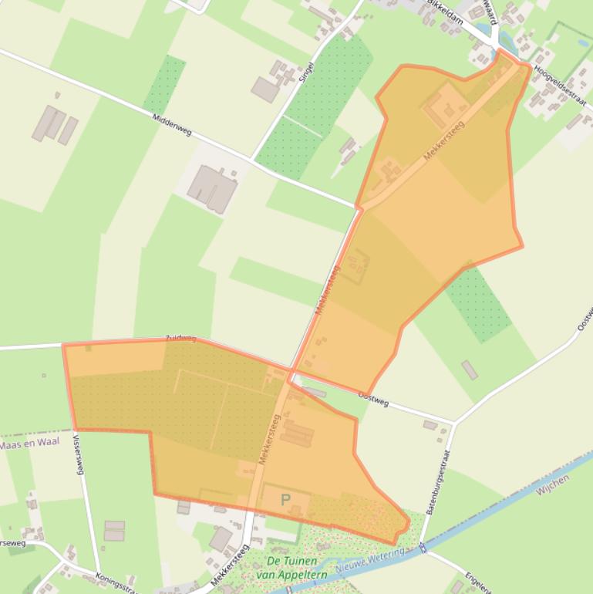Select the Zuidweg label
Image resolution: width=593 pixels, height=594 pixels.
(181, 339)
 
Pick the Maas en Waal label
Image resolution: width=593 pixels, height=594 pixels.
(29, 444)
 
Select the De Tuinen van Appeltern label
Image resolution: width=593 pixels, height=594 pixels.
(297, 568)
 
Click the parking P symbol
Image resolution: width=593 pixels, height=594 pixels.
(286, 501)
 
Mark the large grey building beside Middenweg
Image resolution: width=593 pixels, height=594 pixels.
(211, 187)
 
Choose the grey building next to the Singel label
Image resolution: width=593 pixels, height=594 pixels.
(265, 89)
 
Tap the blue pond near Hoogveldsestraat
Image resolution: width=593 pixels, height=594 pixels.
(487, 35)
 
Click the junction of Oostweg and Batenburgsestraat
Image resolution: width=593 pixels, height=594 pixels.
(454, 423)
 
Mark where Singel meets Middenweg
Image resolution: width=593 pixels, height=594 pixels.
(251, 160)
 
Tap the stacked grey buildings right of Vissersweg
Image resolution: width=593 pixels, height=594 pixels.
(114, 530)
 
